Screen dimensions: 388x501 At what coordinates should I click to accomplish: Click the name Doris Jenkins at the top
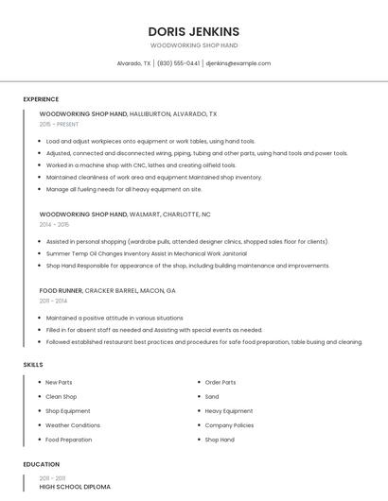[194, 31]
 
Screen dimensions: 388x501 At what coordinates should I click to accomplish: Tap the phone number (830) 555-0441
[178, 63]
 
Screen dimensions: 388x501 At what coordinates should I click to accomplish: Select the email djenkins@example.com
[238, 63]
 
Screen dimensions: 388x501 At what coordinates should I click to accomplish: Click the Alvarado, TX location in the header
[133, 63]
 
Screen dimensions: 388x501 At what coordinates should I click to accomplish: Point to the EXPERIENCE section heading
[41, 99]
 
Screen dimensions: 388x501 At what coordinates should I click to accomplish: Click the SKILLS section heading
[33, 364]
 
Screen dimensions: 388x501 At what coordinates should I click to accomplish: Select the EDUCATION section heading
[41, 464]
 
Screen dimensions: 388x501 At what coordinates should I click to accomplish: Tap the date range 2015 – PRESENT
[59, 124]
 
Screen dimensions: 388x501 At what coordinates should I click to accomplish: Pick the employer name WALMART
[146, 215]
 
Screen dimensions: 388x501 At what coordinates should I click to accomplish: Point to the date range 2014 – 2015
[54, 225]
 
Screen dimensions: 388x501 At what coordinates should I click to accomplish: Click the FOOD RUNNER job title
[61, 290]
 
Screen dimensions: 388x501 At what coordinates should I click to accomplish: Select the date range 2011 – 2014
[53, 301]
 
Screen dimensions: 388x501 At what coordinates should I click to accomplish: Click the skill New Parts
[59, 382]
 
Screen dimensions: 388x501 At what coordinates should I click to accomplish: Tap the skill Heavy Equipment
[229, 411]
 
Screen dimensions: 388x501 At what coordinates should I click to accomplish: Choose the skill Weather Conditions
[73, 425]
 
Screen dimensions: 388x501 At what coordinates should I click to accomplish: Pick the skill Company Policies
[229, 425]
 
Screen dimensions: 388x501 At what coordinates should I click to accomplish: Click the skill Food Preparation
[69, 440]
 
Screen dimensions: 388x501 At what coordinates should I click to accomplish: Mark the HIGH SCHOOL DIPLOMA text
[75, 487]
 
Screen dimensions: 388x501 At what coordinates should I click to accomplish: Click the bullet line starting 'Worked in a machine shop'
[141, 164]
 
